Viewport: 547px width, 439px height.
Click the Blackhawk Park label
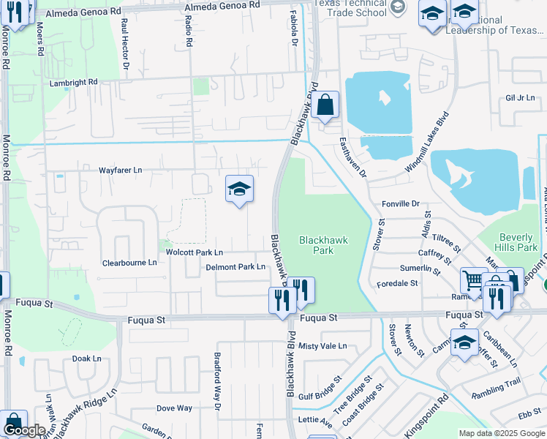(322, 245)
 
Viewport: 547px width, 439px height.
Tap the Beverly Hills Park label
(518, 242)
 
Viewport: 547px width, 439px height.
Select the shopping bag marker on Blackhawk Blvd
(325, 106)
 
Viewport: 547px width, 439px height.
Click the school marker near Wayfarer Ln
(239, 190)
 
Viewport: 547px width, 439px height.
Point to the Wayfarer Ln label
(121, 170)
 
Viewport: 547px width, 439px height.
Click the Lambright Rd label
(73, 83)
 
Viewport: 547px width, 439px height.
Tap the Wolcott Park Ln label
(194, 252)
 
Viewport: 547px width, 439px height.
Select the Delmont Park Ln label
(235, 267)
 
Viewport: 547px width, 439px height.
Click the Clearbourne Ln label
(129, 262)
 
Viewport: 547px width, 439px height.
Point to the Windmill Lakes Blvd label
(428, 143)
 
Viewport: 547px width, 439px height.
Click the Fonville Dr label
(400, 204)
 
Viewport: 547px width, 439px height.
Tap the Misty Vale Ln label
(322, 346)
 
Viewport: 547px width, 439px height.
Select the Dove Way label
(174, 408)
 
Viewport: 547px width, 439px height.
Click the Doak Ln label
(86, 359)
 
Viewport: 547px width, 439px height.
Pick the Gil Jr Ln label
(520, 98)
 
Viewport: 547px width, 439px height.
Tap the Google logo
(24, 430)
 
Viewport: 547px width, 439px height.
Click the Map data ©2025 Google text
(502, 433)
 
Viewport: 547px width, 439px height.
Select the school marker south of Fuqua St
(464, 342)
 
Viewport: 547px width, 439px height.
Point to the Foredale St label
(397, 283)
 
